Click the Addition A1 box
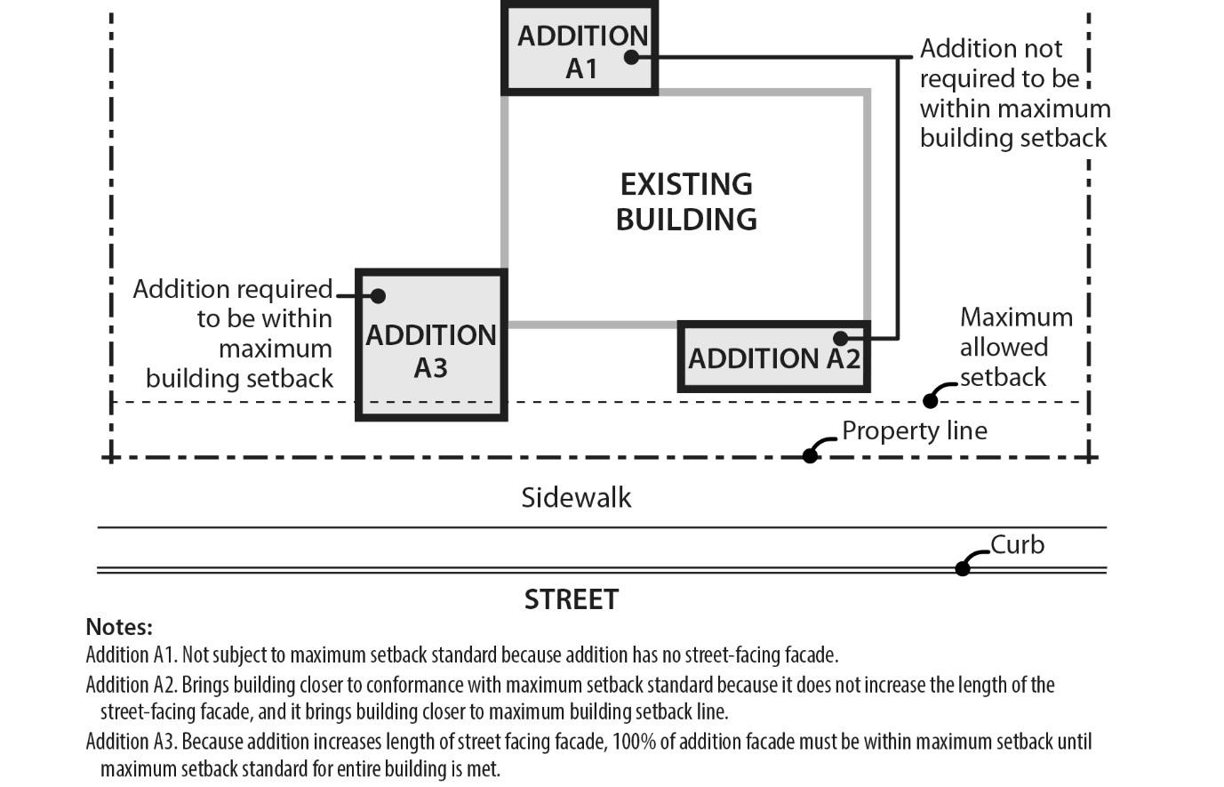click(580, 48)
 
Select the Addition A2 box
click(773, 357)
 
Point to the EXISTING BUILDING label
click(686, 202)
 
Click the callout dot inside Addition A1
click(631, 57)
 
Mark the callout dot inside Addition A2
click(840, 338)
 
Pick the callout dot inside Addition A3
click(378, 295)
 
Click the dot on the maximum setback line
click(930, 401)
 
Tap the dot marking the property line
click(810, 455)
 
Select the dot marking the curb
click(963, 568)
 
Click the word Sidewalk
click(576, 497)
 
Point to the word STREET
click(571, 599)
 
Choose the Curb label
click(1017, 544)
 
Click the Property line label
click(915, 430)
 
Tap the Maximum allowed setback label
click(1016, 347)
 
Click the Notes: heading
click(119, 626)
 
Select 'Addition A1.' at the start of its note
click(132, 655)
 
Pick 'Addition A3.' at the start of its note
click(132, 742)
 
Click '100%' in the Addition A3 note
click(628, 742)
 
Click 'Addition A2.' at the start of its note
click(132, 685)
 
